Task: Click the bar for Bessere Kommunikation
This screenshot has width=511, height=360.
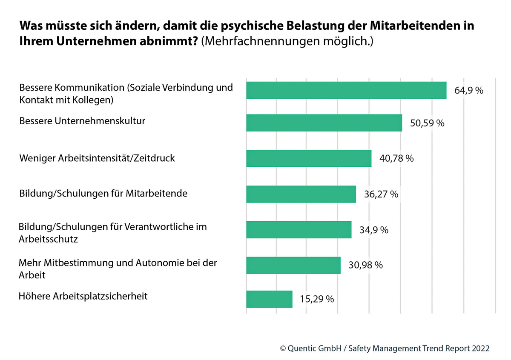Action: pyautogui.click(x=346, y=90)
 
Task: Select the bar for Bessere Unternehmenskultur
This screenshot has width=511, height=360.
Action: pyautogui.click(x=324, y=123)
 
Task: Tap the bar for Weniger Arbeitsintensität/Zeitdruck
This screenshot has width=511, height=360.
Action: pyautogui.click(x=309, y=158)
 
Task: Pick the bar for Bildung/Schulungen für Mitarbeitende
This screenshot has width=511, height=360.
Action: pyautogui.click(x=301, y=194)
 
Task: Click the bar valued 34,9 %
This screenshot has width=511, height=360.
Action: pyautogui.click(x=299, y=230)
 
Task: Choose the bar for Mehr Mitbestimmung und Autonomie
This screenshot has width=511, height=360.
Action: pyautogui.click(x=293, y=265)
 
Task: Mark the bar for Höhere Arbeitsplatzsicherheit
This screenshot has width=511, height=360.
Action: pyautogui.click(x=269, y=299)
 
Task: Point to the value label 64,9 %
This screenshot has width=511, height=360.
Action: pyautogui.click(x=468, y=91)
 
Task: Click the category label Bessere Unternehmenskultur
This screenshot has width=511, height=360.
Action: pyautogui.click(x=82, y=121)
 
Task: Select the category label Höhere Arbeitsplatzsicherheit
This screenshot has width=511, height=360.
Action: pyautogui.click(x=83, y=296)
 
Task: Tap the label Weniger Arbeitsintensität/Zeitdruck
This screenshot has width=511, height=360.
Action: pyautogui.click(x=97, y=158)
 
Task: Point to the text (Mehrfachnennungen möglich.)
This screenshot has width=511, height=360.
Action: pyautogui.click(x=287, y=43)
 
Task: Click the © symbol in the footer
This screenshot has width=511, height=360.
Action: pyautogui.click(x=283, y=348)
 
